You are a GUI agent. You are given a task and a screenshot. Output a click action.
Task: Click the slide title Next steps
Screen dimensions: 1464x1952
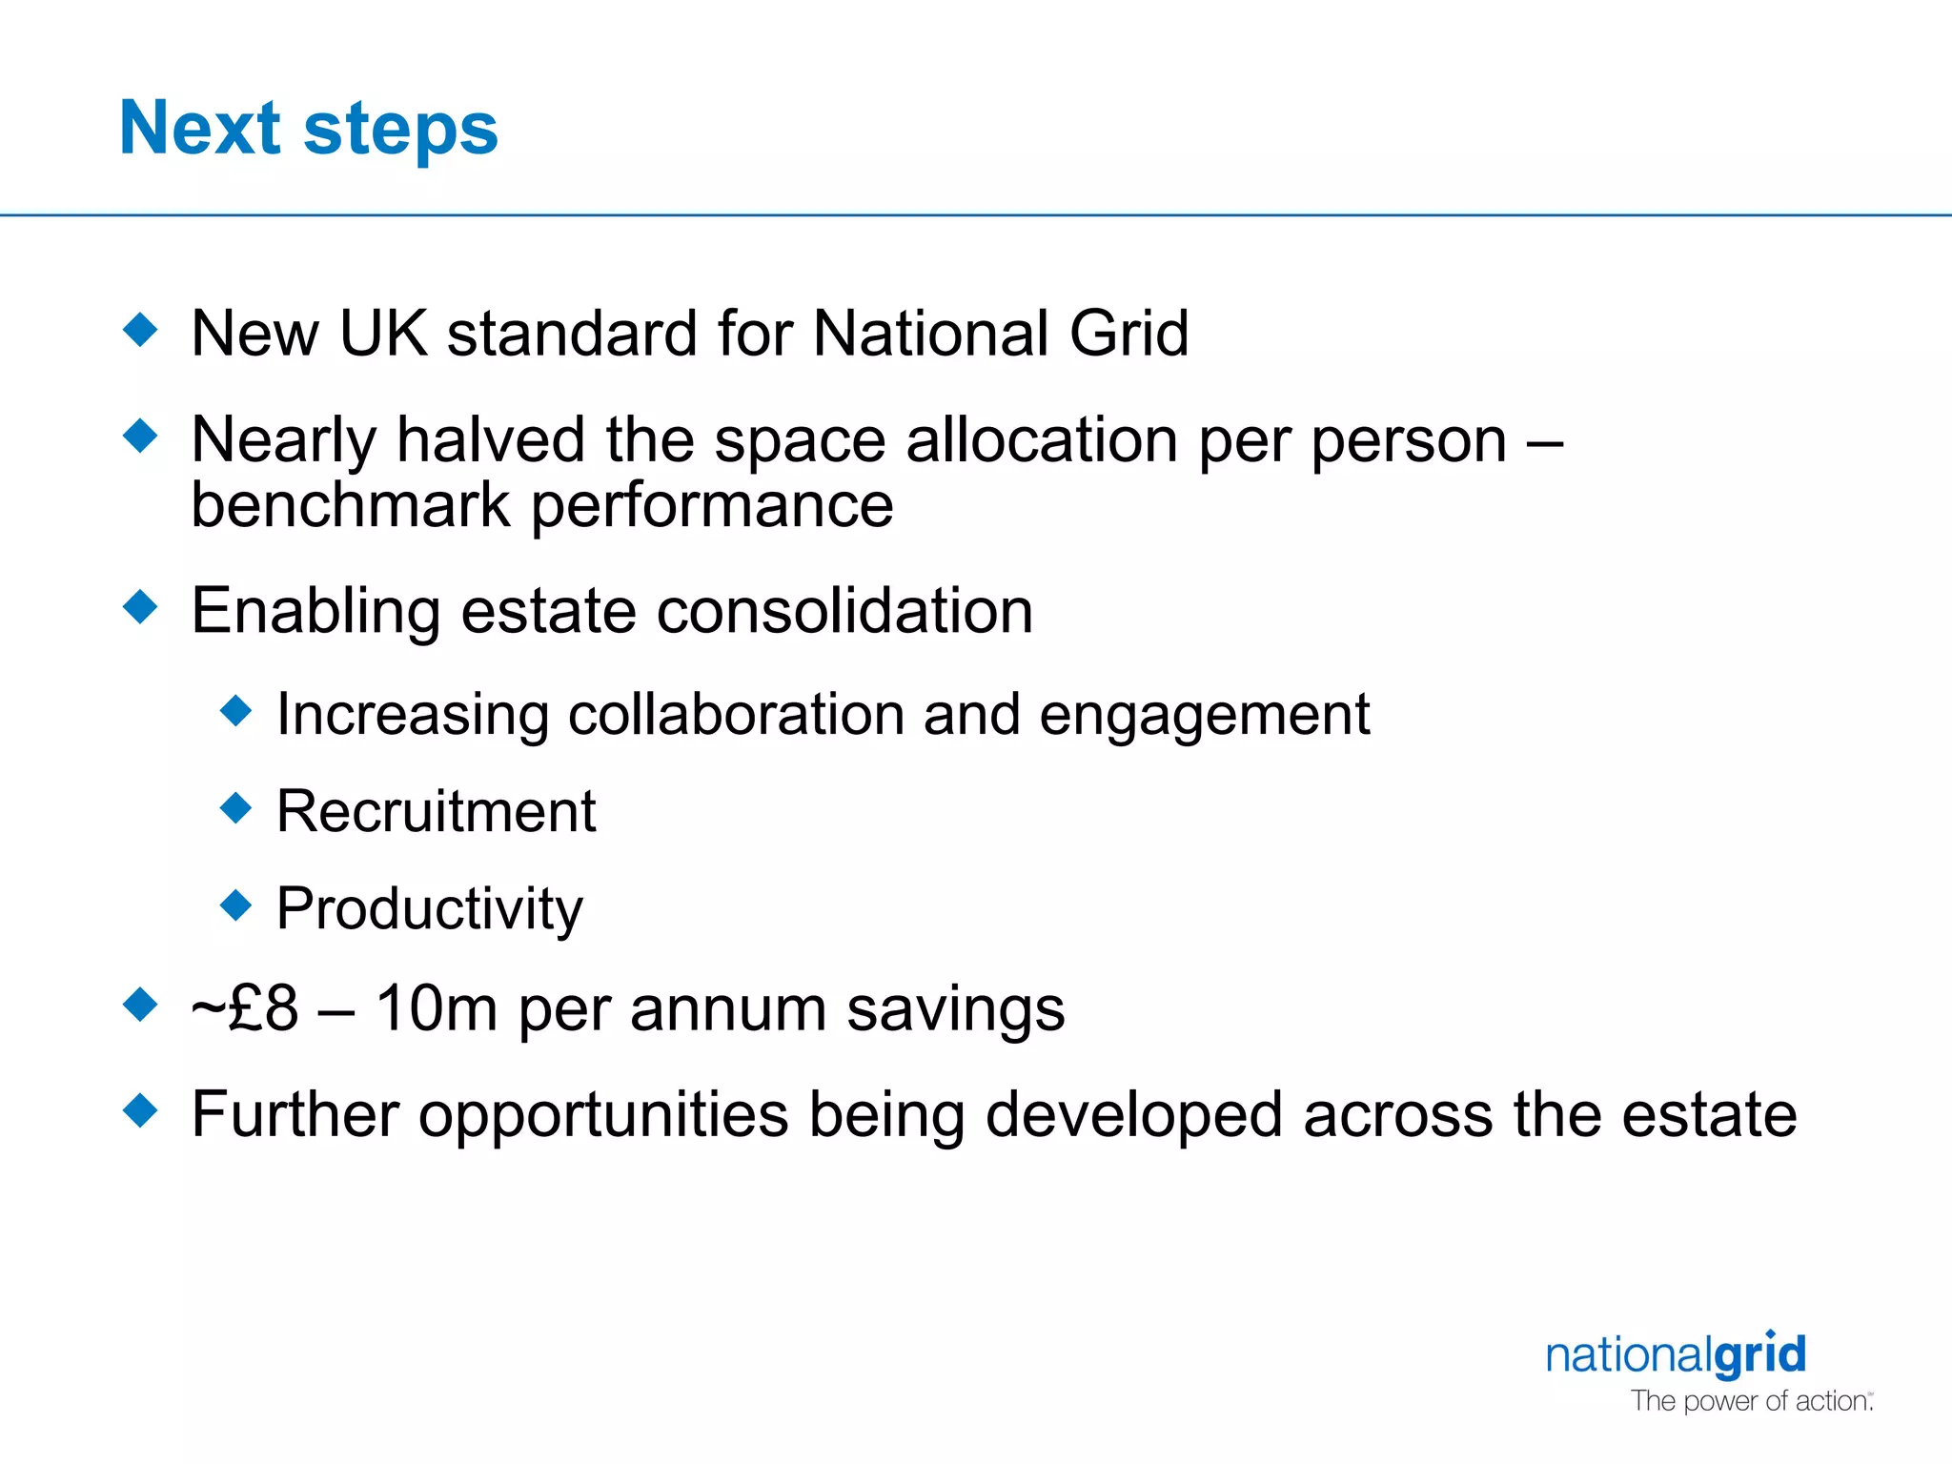coord(308,129)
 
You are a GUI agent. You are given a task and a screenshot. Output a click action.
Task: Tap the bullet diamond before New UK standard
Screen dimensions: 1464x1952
coord(141,330)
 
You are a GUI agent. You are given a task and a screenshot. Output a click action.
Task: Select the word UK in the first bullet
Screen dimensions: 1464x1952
coord(383,334)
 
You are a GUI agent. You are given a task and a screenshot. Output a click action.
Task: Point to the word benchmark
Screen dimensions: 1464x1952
coord(350,505)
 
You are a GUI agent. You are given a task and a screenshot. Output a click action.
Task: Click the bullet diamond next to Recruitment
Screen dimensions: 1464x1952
coord(235,808)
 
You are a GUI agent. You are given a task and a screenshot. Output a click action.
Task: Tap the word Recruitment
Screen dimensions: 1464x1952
coord(436,812)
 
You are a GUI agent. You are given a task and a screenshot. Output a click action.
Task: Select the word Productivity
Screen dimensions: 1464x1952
coord(429,909)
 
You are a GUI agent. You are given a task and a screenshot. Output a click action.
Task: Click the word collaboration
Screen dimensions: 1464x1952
coord(736,715)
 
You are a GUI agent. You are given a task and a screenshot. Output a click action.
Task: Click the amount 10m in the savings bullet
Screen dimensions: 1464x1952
coord(436,1008)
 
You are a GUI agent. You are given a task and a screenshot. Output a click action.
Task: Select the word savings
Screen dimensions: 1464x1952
coord(955,1008)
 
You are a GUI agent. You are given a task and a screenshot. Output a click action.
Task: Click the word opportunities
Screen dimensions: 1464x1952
coord(603,1115)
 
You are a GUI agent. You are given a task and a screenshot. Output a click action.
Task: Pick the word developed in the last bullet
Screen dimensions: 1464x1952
coord(1133,1115)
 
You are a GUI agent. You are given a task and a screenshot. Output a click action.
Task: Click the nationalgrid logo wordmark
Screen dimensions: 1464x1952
coord(1676,1354)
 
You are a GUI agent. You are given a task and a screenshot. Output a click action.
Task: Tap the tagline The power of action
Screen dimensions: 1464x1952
coord(1751,1401)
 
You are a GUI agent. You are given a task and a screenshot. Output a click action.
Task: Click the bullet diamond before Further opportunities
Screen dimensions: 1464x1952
coord(141,1109)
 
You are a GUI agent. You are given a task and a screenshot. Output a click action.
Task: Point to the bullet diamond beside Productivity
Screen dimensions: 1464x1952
coord(235,905)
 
